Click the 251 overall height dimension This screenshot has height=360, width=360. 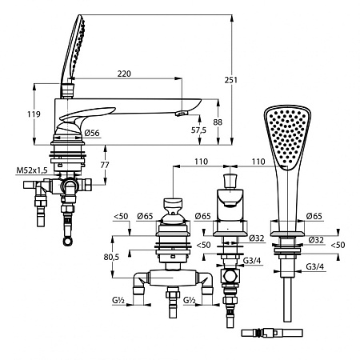tap(230, 80)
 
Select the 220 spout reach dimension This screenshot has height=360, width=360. tap(124, 74)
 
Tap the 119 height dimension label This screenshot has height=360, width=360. tap(34, 114)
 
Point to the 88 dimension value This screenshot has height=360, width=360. tap(218, 122)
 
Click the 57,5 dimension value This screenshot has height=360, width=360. tap(198, 130)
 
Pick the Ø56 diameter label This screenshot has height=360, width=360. tap(92, 133)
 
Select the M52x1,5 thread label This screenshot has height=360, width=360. tap(32, 170)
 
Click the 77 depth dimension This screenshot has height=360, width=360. tap(105, 165)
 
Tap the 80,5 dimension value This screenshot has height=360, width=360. tap(111, 257)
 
